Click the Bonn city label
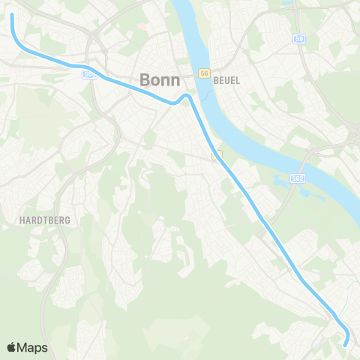(157, 79)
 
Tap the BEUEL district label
(226, 80)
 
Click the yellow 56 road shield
(203, 73)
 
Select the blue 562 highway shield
(298, 178)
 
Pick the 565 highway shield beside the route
(90, 74)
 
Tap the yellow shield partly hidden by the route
(217, 154)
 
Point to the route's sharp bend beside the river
(185, 96)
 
